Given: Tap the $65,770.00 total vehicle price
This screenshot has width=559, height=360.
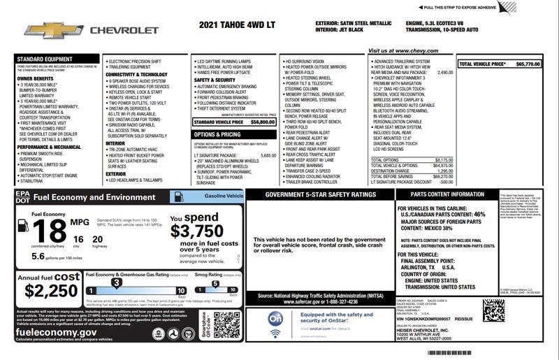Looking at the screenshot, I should point(528,64).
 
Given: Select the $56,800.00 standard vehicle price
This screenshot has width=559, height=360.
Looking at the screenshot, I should point(262,122).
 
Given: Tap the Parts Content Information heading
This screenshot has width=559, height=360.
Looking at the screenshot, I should point(447,194).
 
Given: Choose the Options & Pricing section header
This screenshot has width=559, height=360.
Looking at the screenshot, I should point(217,134).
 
